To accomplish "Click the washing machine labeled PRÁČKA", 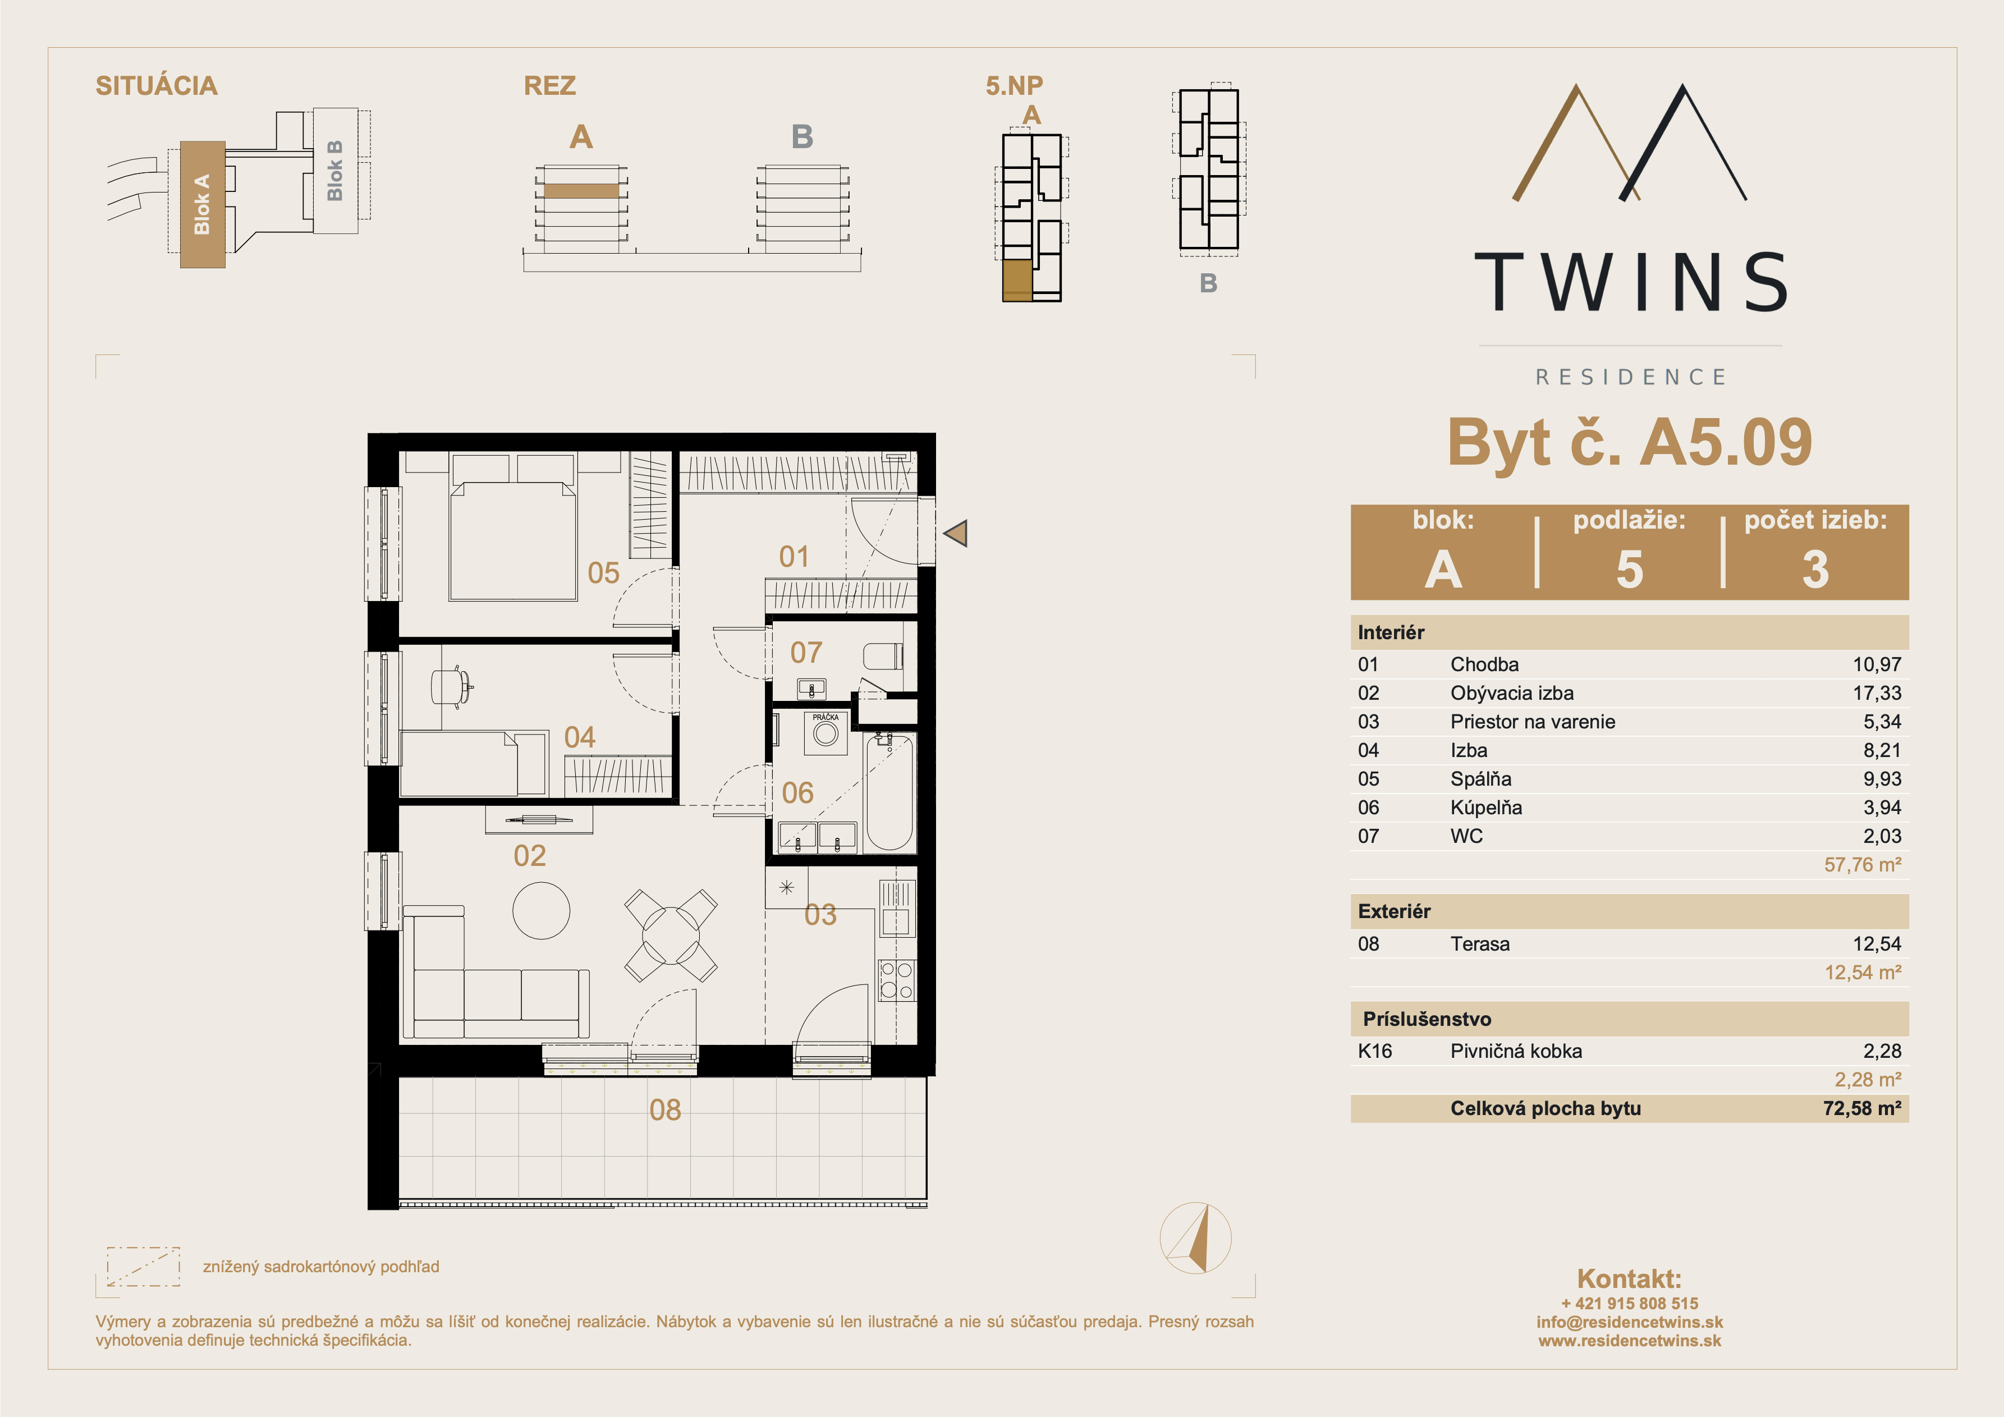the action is tap(826, 733).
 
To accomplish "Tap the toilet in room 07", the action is tap(883, 655).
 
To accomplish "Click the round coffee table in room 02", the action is tap(541, 911).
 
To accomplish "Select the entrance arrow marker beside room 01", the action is tap(956, 534).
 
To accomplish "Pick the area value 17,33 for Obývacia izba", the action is tap(1877, 693).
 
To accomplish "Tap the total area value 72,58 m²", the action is tap(1861, 1109).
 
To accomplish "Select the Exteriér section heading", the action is tap(1394, 911).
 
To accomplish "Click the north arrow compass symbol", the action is tap(1196, 1238).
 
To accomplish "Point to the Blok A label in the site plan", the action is tap(201, 204).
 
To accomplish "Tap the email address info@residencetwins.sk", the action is tap(1630, 1322).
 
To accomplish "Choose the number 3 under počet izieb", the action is tap(1815, 569).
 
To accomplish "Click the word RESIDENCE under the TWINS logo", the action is tap(1630, 377).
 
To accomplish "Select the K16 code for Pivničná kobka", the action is tap(1375, 1051).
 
